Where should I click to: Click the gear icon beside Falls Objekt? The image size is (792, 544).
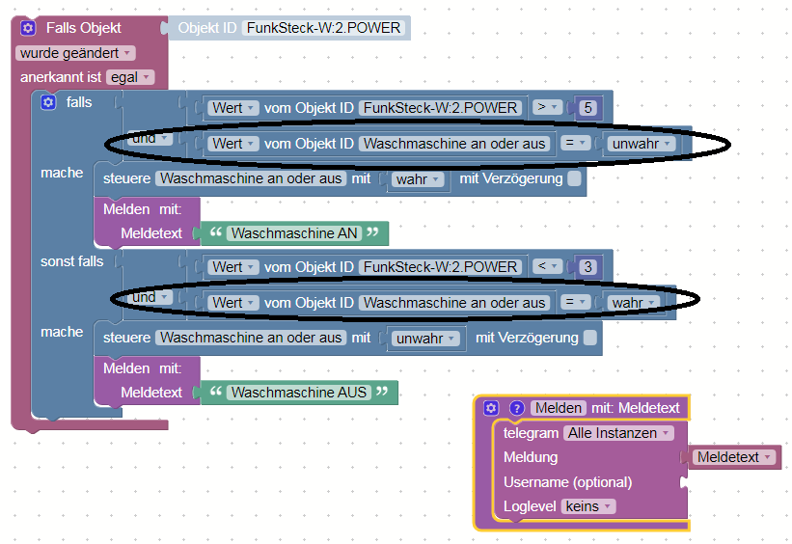[x=28, y=28]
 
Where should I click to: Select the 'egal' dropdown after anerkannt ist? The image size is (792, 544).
[x=130, y=77]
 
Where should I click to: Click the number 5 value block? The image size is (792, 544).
[x=587, y=108]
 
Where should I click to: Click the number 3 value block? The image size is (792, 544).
[x=587, y=267]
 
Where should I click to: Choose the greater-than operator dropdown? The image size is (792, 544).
[x=548, y=107]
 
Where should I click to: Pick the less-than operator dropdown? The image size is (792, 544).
[x=548, y=266]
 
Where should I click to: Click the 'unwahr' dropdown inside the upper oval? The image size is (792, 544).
[x=641, y=144]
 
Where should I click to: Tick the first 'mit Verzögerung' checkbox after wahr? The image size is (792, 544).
[x=574, y=178]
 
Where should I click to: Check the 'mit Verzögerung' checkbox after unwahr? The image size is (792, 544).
[x=590, y=338]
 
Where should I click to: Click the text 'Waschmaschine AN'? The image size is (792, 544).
[x=294, y=233]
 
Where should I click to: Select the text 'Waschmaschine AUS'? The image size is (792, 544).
[x=299, y=393]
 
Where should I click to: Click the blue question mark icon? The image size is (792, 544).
[x=516, y=408]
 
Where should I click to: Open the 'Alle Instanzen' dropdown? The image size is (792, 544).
[x=618, y=433]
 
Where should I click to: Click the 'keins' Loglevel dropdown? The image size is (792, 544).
[x=588, y=506]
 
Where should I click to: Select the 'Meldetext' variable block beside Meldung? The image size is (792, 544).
[x=734, y=457]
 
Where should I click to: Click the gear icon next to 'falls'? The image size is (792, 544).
[x=48, y=102]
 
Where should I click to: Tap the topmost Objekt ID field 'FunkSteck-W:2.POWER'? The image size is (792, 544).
[x=323, y=28]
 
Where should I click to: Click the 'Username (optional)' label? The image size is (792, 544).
[x=567, y=482]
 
